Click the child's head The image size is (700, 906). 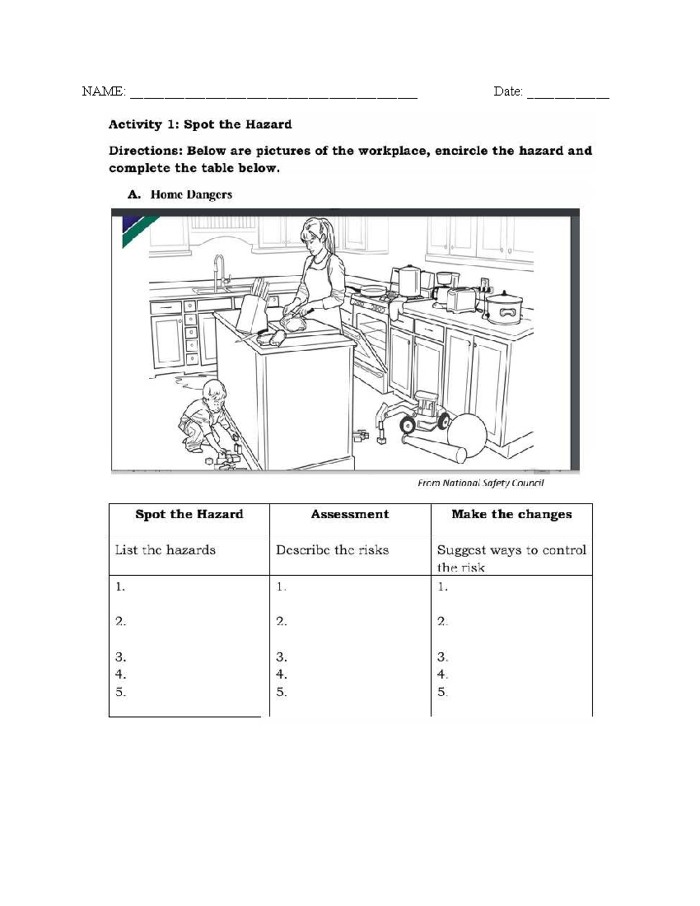coord(215,395)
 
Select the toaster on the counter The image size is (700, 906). coord(461,299)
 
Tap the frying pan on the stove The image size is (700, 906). coord(373,289)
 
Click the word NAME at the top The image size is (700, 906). coord(103,92)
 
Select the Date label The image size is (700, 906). coord(508,92)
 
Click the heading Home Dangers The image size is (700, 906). coord(191,195)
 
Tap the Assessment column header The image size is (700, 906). coord(349,515)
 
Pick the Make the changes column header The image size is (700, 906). coord(512,515)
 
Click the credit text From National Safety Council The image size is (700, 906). coord(481,483)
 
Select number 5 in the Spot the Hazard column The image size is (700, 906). coord(120,692)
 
